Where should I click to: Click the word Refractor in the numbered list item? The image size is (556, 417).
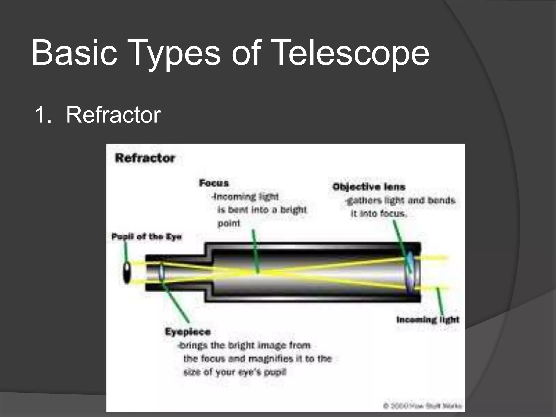click(x=113, y=115)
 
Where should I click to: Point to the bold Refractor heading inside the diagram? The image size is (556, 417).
click(x=145, y=158)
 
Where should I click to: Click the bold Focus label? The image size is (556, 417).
click(x=214, y=183)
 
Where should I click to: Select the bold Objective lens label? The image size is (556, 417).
click(x=369, y=187)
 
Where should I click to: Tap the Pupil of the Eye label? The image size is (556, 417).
click(x=146, y=237)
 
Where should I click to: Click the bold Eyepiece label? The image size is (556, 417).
click(x=188, y=332)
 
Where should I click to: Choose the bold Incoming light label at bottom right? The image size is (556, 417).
click(x=428, y=320)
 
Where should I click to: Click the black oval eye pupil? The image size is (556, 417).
click(x=127, y=273)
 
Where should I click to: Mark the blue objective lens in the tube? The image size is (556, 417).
click(x=410, y=273)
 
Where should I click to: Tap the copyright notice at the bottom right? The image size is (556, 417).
click(x=422, y=406)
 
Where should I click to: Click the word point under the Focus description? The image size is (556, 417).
click(x=229, y=223)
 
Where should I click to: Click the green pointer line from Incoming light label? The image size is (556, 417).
click(x=440, y=301)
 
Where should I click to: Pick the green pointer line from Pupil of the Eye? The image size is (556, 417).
click(x=126, y=251)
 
